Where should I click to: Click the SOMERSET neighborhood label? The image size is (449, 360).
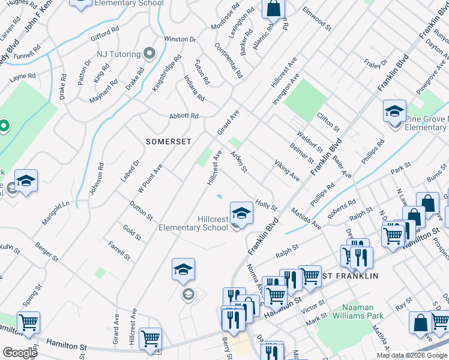point(168,142)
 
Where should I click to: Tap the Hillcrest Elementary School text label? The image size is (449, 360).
point(193,224)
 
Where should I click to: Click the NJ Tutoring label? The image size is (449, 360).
point(120,54)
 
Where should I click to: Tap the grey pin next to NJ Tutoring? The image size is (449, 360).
point(149,54)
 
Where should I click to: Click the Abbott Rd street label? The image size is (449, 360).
point(184,116)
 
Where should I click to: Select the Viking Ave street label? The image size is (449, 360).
point(287,170)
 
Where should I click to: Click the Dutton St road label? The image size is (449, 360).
point(141,211)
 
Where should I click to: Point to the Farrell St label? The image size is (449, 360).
point(119,250)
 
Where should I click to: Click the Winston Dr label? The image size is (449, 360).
point(180,39)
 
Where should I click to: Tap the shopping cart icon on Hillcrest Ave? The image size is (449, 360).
point(150,338)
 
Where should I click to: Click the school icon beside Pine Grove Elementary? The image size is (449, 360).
point(395,111)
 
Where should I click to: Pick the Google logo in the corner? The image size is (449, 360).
point(19,353)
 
